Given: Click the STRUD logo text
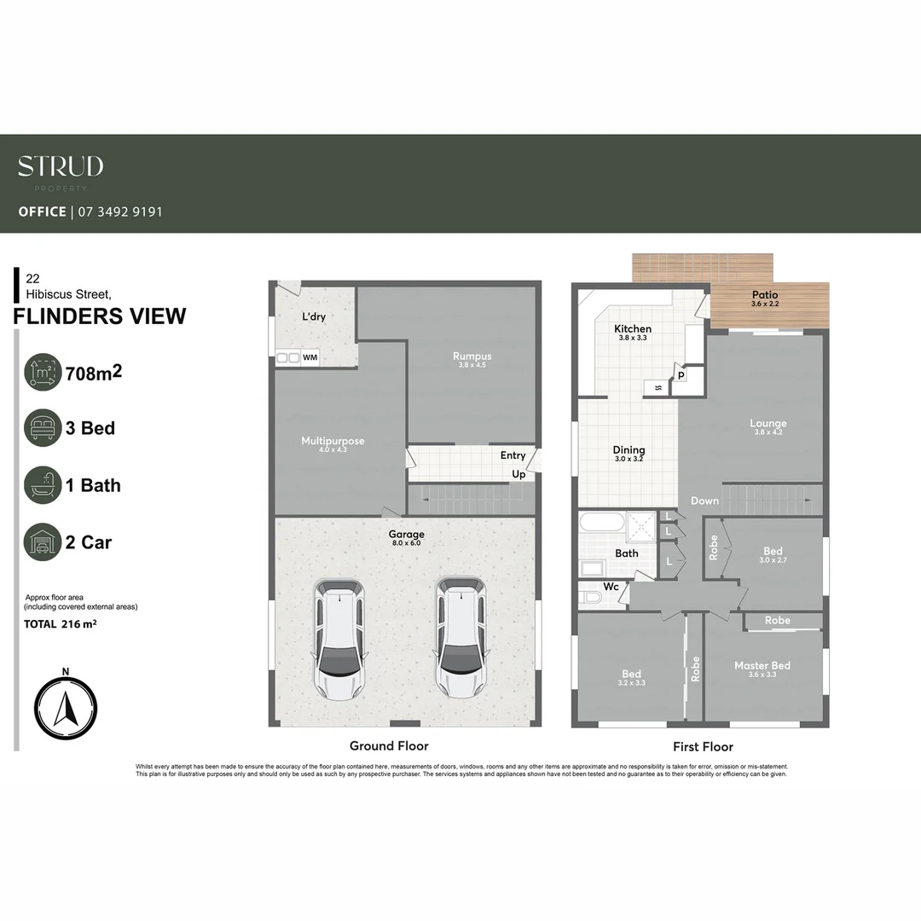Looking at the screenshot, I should click(x=61, y=166).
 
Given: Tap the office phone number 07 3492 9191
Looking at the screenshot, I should click(x=119, y=211).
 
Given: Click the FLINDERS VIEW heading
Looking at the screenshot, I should click(x=100, y=316).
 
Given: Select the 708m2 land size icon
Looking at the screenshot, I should click(x=43, y=372).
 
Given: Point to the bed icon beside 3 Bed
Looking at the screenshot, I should click(x=43, y=428).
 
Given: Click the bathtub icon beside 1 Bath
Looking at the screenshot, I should click(x=43, y=485).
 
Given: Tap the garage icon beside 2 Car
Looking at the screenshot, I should click(x=43, y=542).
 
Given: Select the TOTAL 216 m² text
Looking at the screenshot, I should click(x=60, y=624).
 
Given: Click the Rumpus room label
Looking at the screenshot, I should click(x=472, y=356).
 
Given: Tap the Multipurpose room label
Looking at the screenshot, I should click(x=333, y=441).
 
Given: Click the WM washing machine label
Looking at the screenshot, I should click(x=310, y=358).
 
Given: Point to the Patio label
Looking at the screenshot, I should click(x=764, y=295).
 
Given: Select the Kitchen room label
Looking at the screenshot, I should click(x=633, y=328).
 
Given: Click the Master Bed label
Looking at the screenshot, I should click(x=762, y=665).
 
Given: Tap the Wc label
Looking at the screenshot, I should click(x=611, y=587).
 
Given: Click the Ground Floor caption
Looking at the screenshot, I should click(x=389, y=745).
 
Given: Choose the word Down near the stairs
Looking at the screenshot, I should click(x=704, y=501).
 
